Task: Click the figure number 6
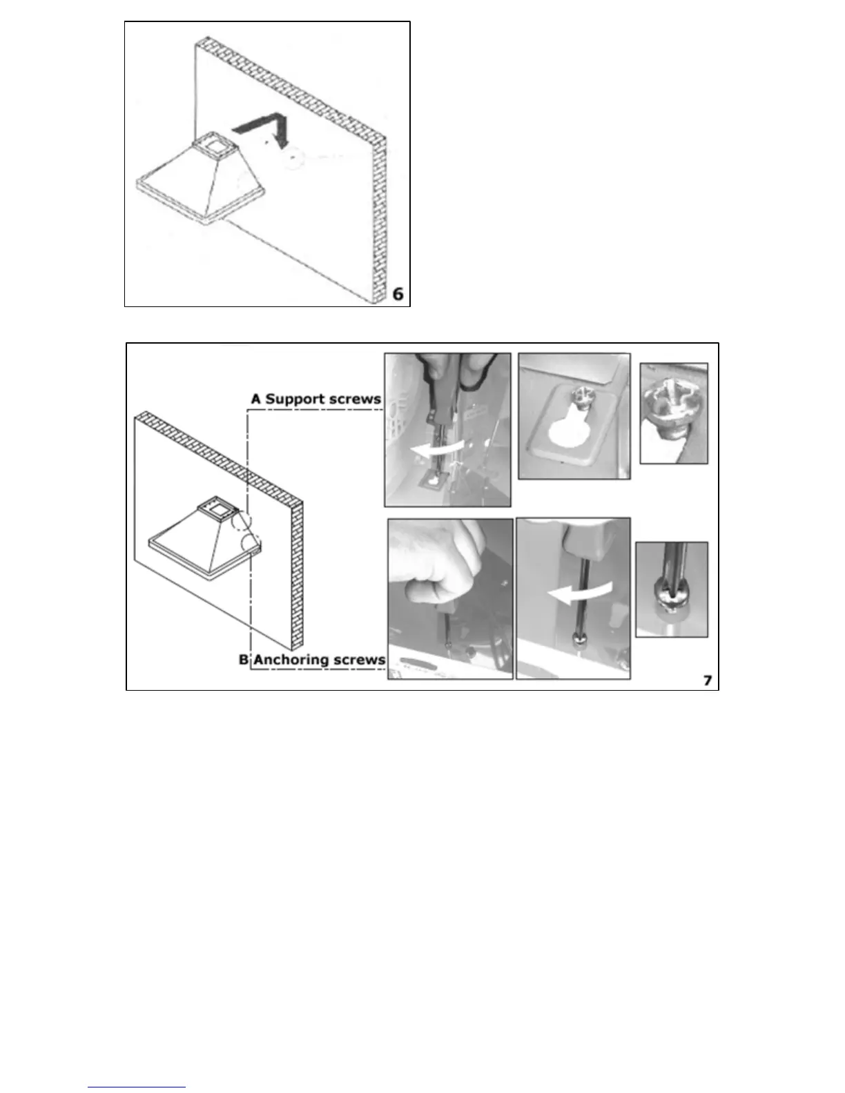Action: pos(398,293)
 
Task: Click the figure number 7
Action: pos(708,680)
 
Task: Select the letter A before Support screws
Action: pos(256,399)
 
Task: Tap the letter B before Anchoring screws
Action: pos(243,659)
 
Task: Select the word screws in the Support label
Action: pos(355,399)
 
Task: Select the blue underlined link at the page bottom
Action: pos(137,1087)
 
